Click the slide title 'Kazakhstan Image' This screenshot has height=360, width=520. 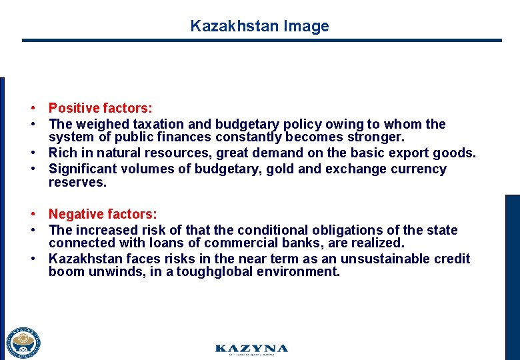click(x=259, y=26)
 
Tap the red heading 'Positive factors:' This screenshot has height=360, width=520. click(x=100, y=108)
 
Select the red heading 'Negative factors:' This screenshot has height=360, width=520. click(x=103, y=214)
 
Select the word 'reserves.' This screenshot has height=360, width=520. click(x=77, y=182)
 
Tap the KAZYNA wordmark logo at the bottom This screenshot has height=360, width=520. click(x=251, y=349)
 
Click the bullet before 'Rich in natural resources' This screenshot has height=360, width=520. click(x=31, y=153)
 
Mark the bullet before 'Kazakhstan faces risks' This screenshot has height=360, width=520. click(x=31, y=259)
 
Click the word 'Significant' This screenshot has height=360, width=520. click(x=85, y=169)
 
